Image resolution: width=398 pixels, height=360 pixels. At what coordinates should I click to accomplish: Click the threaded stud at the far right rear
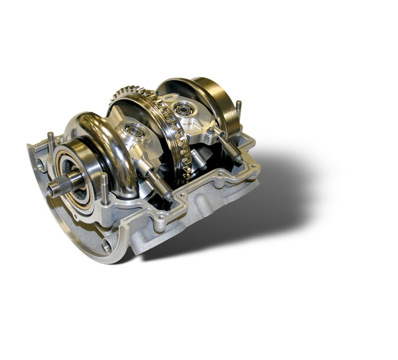(x=238, y=110)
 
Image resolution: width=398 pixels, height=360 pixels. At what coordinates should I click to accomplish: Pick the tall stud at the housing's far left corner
(x=51, y=143)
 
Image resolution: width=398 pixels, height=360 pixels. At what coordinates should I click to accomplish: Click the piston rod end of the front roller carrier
(x=167, y=195)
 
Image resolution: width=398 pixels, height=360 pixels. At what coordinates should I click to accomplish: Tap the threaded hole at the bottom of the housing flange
(x=106, y=246)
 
